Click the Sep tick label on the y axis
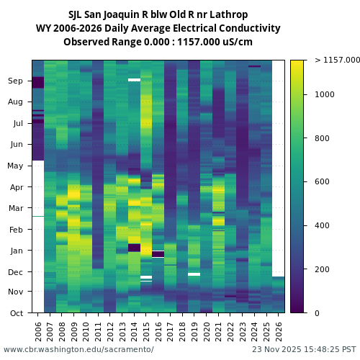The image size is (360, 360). click(16, 81)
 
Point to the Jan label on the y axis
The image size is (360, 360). click(16, 251)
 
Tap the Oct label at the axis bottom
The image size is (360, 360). click(16, 313)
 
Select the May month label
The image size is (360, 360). click(16, 166)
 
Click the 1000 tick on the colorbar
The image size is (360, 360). click(323, 94)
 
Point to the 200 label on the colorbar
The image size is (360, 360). click(321, 269)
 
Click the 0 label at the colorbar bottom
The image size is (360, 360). click(316, 313)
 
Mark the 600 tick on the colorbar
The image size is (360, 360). click(321, 182)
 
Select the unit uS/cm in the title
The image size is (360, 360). click(237, 42)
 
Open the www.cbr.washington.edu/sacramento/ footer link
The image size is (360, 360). click(78, 350)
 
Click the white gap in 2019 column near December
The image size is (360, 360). click(194, 274)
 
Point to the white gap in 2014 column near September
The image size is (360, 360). click(134, 80)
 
